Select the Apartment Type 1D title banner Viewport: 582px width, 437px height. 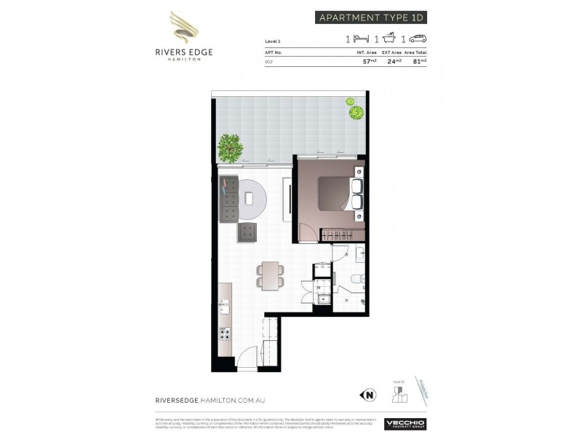(370, 17)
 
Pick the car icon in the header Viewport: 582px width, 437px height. (418, 39)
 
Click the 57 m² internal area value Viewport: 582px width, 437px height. (369, 61)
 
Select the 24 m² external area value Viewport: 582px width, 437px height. (395, 61)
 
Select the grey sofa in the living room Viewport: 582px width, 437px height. (230, 198)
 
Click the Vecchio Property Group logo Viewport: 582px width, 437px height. (405, 424)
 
